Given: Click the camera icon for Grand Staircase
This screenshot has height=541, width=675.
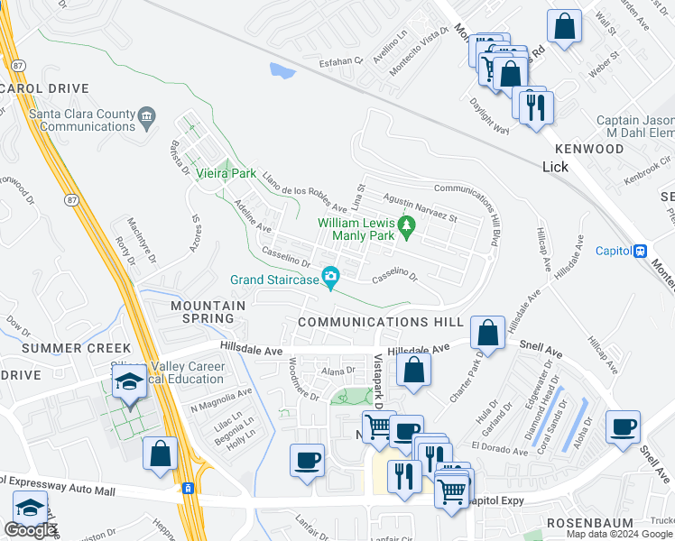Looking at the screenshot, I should (x=331, y=276).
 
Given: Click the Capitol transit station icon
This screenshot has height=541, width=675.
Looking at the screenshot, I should (x=641, y=251).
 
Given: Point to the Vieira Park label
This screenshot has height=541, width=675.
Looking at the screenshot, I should (x=227, y=173).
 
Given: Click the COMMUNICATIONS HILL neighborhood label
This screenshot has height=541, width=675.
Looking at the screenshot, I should (x=380, y=322).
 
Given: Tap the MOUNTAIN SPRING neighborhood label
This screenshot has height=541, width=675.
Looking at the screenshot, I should (x=208, y=307).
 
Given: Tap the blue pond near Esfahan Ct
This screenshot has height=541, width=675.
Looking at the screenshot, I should (x=282, y=69).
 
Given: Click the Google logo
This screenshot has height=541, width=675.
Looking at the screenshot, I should (x=30, y=530).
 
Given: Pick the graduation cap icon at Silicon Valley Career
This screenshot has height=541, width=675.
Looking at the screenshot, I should (x=129, y=383).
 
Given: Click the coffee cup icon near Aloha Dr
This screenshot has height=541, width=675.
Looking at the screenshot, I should (x=623, y=426).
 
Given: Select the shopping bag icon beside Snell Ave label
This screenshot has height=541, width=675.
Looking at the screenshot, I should (x=487, y=332).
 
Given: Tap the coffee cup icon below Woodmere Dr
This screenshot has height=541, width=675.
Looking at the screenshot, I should (x=307, y=461).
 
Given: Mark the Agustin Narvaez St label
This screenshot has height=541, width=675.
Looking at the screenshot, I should (x=421, y=212).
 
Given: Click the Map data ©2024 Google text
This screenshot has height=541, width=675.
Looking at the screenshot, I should (x=619, y=534).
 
